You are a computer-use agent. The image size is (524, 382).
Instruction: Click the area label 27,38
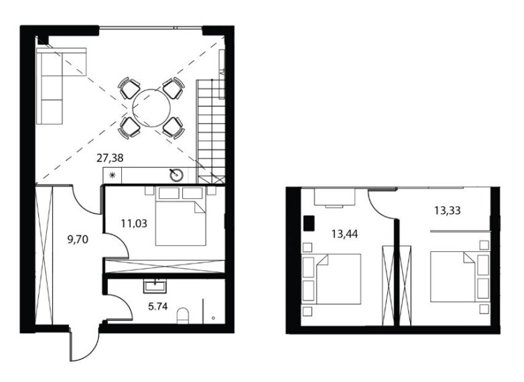click(x=110, y=157)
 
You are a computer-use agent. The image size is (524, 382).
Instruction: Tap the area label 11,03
click(x=134, y=223)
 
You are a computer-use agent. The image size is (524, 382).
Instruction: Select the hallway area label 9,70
click(x=78, y=239)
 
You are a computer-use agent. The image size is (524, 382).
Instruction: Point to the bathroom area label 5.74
click(x=157, y=306)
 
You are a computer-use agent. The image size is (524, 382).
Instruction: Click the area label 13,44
click(x=344, y=234)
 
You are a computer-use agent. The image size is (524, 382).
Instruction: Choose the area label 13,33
click(x=448, y=210)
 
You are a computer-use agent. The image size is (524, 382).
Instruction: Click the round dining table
click(x=151, y=108)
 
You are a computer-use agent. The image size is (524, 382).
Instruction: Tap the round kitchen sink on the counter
click(x=176, y=175)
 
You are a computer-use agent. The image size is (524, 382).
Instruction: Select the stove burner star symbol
click(x=113, y=175)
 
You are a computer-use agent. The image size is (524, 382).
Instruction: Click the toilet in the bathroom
click(x=183, y=316)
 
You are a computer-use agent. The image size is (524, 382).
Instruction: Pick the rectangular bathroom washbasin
click(x=155, y=286)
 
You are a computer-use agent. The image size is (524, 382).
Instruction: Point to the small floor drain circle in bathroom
click(x=213, y=318)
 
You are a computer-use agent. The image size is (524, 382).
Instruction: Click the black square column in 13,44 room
click(x=309, y=224)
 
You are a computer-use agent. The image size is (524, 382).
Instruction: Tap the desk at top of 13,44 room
click(x=334, y=197)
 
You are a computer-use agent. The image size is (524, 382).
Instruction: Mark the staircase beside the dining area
click(x=210, y=131)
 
